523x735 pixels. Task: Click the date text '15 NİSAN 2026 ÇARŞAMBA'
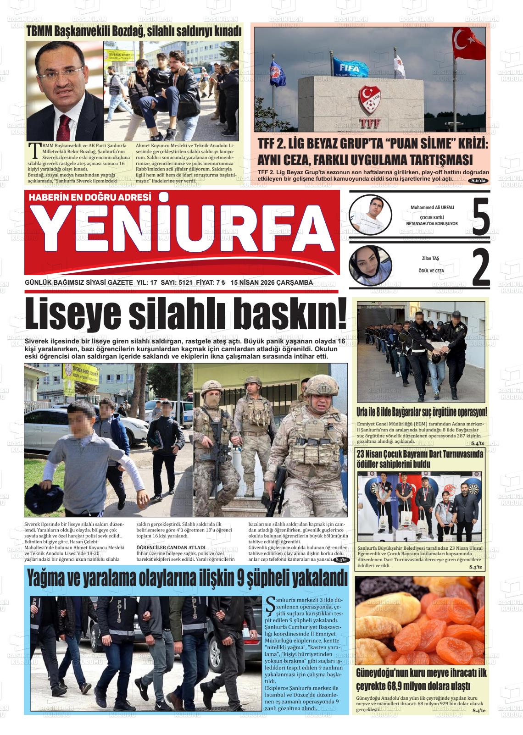[272, 282]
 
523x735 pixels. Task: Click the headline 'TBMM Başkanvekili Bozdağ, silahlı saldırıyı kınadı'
[134, 32]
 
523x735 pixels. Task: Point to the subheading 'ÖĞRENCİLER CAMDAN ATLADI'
[171, 547]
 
